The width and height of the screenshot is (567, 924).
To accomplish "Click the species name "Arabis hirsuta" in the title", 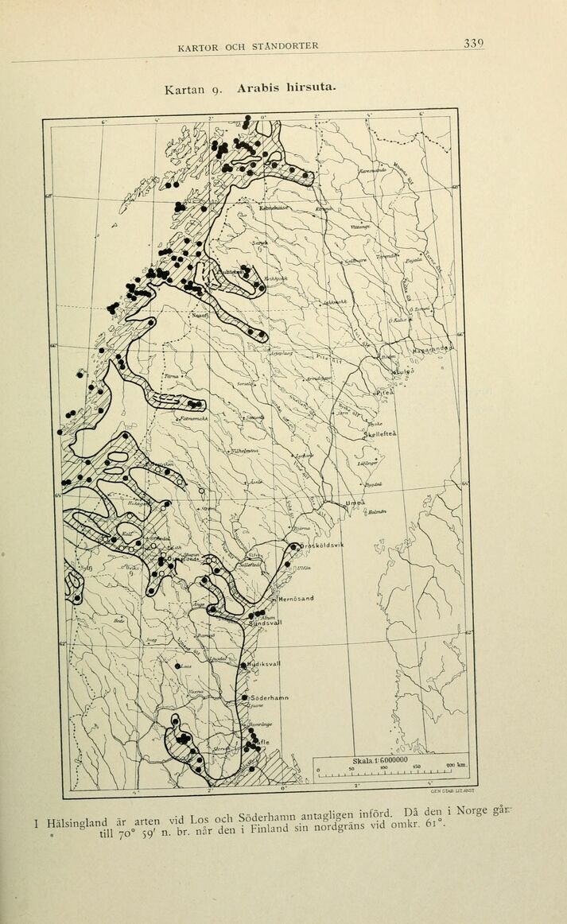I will click(285, 87).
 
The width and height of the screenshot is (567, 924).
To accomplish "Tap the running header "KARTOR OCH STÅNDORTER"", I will click(248, 46).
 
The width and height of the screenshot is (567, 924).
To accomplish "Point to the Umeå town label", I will click(355, 503).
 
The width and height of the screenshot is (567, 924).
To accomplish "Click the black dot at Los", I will click(178, 666).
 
